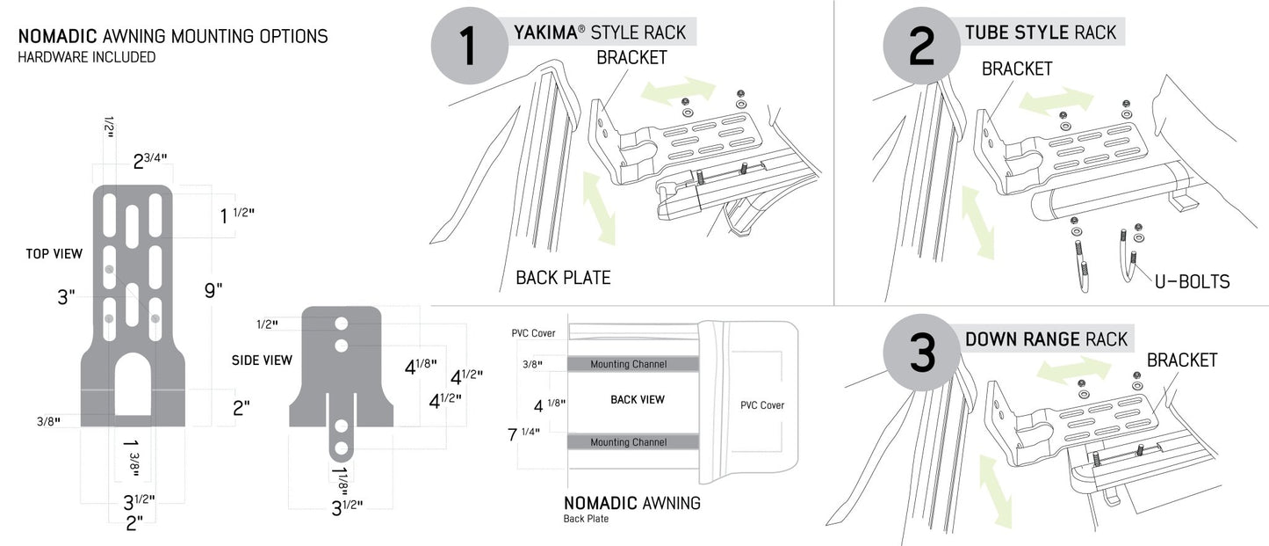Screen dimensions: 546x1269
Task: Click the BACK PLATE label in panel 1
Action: click(563, 278)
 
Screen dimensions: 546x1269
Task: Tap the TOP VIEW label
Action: click(54, 254)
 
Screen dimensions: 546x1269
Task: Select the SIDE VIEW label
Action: click(262, 360)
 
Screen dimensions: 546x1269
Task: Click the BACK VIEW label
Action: click(638, 400)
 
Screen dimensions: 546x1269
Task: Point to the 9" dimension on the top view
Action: click(213, 289)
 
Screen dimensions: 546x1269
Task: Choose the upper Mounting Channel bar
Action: click(628, 364)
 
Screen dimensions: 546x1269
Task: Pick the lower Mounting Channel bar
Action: click(628, 442)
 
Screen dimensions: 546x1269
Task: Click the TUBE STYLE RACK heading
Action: click(1041, 33)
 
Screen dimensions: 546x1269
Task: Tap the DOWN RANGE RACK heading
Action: click(1046, 339)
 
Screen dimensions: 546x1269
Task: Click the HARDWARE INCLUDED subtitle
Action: click(87, 57)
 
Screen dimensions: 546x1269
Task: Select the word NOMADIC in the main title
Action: click(58, 36)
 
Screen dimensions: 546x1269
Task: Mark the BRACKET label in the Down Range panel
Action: click(1182, 360)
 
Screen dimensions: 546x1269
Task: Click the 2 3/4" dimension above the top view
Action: click(150, 161)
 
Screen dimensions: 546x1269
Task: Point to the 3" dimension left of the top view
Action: click(65, 297)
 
